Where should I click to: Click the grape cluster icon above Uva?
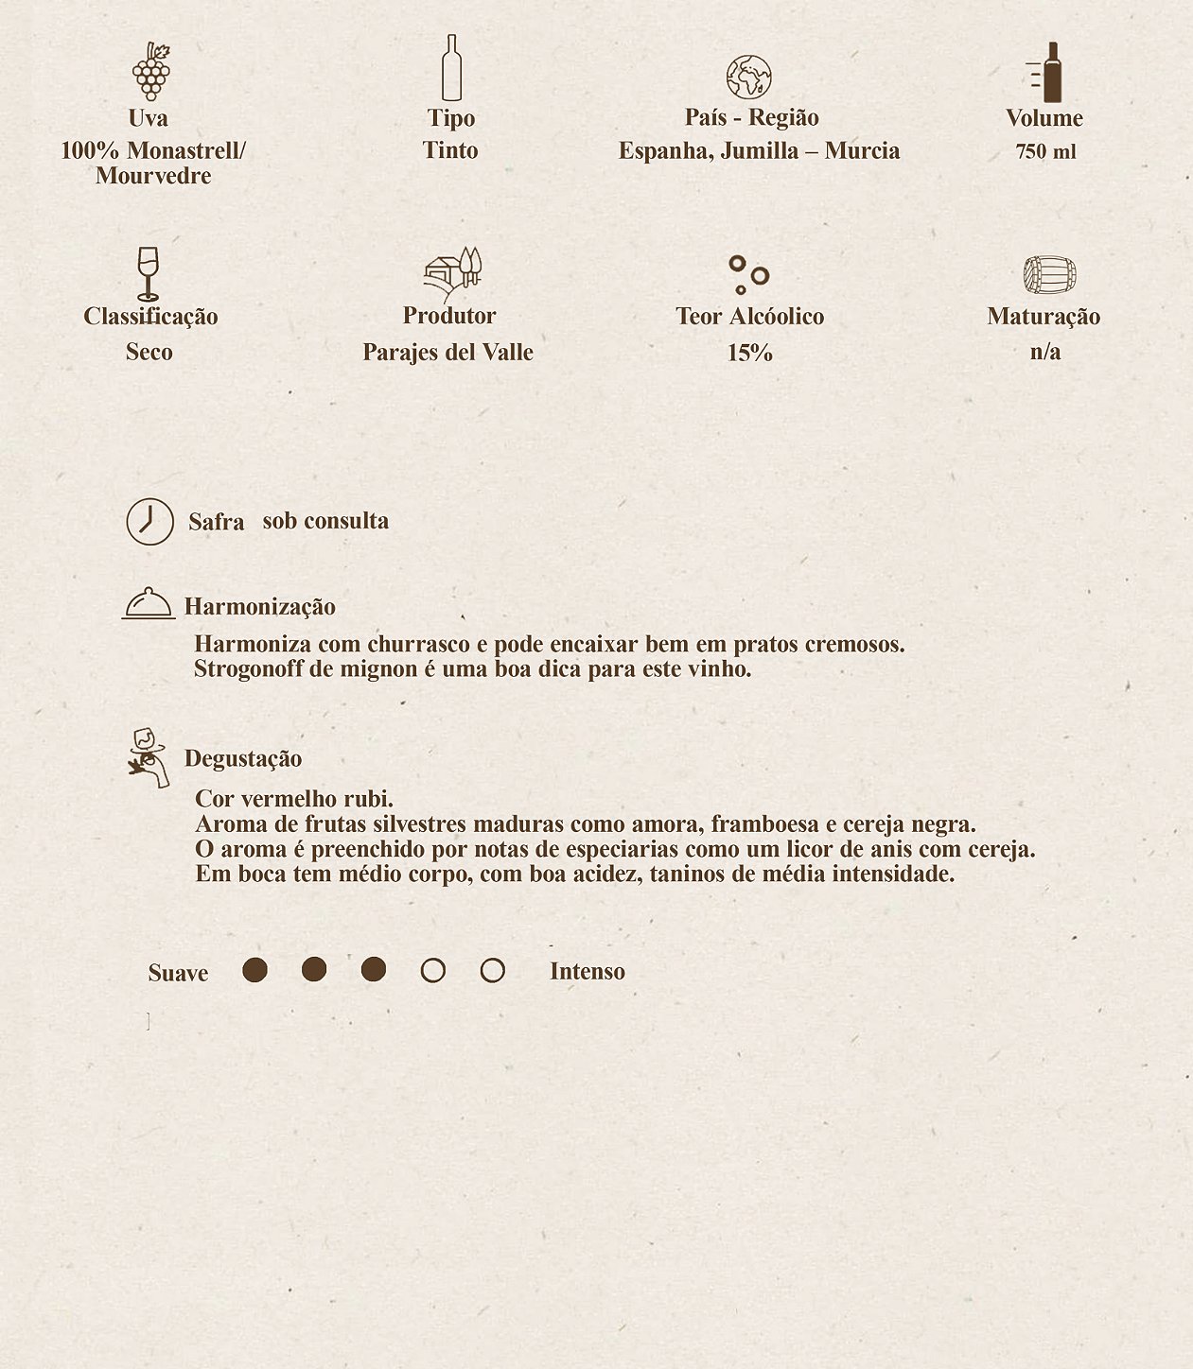coord(150,72)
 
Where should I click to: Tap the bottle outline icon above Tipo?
coord(451,68)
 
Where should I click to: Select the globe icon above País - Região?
coord(749,78)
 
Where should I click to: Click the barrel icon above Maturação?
coord(1049,275)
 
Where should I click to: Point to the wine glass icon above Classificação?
coord(148,273)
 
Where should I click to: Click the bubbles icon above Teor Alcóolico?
coord(748,274)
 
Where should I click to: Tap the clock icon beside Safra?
coord(150,522)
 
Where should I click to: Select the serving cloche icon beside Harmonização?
coord(149,603)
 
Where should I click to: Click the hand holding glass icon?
coord(149,757)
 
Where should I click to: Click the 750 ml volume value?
coord(1045,152)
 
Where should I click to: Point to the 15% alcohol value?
coord(750,353)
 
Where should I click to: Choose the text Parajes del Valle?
coord(447,353)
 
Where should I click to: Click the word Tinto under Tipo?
coord(450,150)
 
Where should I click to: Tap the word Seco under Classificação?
coord(149,352)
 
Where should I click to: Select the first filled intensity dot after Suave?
coord(254,970)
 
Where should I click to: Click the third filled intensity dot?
coord(374,970)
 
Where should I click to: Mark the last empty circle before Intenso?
coord(492,971)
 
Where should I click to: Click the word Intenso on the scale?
coord(588,972)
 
